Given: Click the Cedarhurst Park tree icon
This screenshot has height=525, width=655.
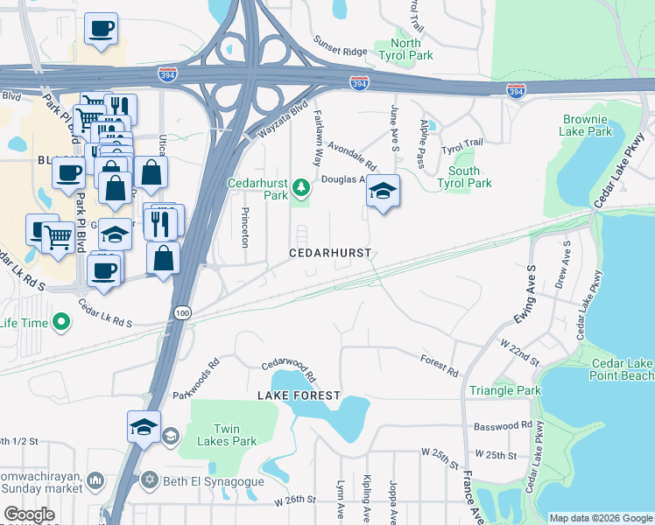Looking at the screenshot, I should (x=301, y=186).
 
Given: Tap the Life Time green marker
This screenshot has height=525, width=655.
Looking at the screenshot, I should (x=60, y=324).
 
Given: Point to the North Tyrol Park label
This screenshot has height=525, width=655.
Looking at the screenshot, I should (x=405, y=49).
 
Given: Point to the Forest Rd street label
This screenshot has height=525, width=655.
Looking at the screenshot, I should (x=439, y=362).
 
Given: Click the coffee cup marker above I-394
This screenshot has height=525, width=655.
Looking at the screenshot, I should (x=100, y=28).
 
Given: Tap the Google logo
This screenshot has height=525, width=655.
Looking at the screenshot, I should (x=30, y=514).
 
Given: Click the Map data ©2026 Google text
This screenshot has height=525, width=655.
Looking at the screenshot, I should (x=601, y=517).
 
